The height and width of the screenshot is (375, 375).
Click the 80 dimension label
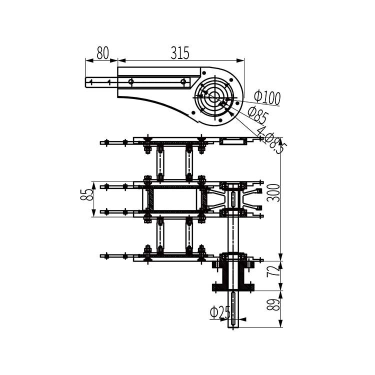pos(102,53)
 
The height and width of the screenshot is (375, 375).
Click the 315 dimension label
pos(180,53)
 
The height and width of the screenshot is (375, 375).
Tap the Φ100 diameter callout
pos(267,97)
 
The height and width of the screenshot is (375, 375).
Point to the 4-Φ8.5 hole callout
pos(270,140)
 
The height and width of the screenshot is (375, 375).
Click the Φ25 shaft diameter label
pos(220,312)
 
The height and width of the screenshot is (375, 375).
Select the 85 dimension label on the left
pos(86,195)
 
